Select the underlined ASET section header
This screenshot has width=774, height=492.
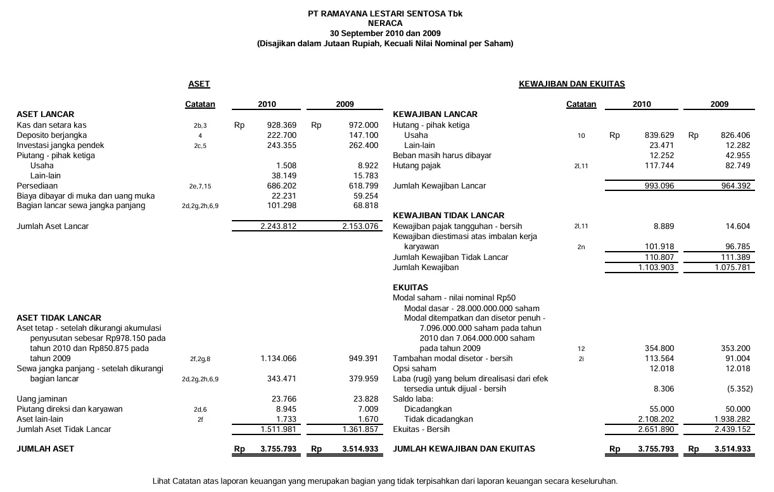click(199, 84)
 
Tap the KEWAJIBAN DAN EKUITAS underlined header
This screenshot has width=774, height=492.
click(571, 84)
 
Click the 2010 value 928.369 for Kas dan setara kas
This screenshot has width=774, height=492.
click(282, 125)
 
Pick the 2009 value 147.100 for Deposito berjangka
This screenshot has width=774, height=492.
click(364, 135)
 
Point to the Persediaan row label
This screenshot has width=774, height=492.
click(37, 186)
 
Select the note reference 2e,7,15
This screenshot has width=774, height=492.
click(200, 187)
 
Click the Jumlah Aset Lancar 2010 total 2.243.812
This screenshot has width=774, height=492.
click(278, 226)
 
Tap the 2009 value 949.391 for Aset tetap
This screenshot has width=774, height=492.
click(364, 359)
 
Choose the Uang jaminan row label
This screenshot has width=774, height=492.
click(42, 399)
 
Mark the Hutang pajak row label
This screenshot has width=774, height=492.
click(417, 166)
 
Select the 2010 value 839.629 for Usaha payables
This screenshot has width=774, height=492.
click(659, 135)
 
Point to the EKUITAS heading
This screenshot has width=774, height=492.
click(410, 288)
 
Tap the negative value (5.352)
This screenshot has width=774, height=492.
click(738, 389)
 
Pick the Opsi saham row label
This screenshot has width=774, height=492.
click(414, 369)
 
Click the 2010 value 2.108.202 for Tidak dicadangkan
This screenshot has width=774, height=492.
click(656, 419)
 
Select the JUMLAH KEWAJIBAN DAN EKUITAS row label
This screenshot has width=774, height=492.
click(464, 449)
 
